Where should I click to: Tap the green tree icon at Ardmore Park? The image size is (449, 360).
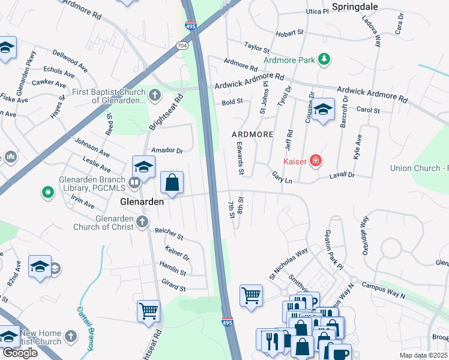point(324,59)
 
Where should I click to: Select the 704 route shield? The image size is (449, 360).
point(182,46)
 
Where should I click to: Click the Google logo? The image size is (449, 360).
point(20,352)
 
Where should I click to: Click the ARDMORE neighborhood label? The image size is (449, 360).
point(253,134)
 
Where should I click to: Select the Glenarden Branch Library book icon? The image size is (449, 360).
point(134,182)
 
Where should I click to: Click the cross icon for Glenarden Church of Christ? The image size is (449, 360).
point(142,222)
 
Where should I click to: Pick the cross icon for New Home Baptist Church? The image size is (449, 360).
point(71,336)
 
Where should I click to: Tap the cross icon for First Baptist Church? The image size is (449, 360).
point(155,95)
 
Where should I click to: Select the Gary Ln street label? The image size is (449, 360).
point(282,178)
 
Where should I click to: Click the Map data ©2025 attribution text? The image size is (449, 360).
point(423,355)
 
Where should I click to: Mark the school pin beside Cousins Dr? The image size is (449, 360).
point(323,109)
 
